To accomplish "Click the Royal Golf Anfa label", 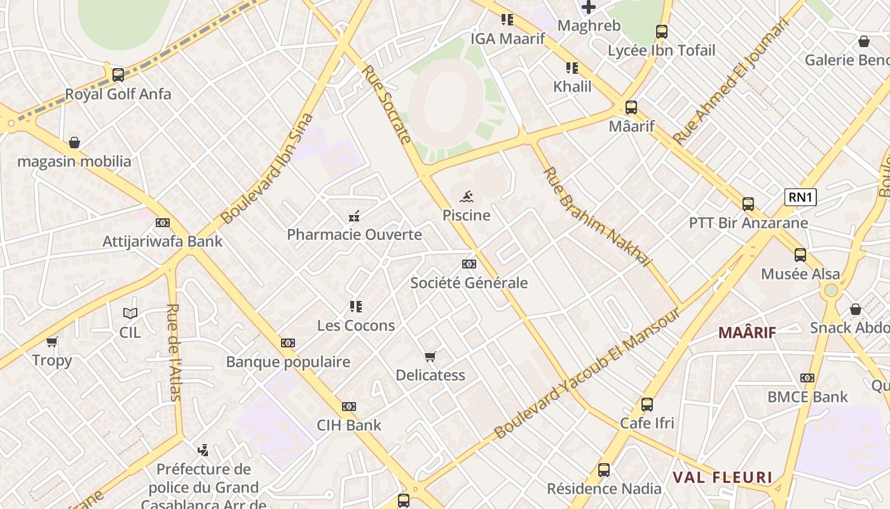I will coord(118,94).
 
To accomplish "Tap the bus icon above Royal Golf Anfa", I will coord(118,75).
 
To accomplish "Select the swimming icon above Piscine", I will coord(467,197).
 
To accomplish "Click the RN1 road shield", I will coord(800,197).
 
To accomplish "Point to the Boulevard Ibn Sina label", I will coord(268,169).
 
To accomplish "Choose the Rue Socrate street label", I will coord(387,104).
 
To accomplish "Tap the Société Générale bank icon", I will coord(469,264).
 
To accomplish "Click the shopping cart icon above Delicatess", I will coord(430,356).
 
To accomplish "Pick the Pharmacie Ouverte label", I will coord(354,235).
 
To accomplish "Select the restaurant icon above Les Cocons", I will coord(356,307).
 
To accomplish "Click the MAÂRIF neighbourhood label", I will coord(747,332).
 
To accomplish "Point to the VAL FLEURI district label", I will coord(722,477).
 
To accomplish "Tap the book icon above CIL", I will coord(130,313).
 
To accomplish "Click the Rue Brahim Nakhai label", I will coord(598,217).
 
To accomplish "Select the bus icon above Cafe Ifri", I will coord(647,405).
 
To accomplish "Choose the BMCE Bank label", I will coord(807,397).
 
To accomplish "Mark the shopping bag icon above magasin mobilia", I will coord(74,143).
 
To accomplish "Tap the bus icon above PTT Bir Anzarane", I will coord(748,204).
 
